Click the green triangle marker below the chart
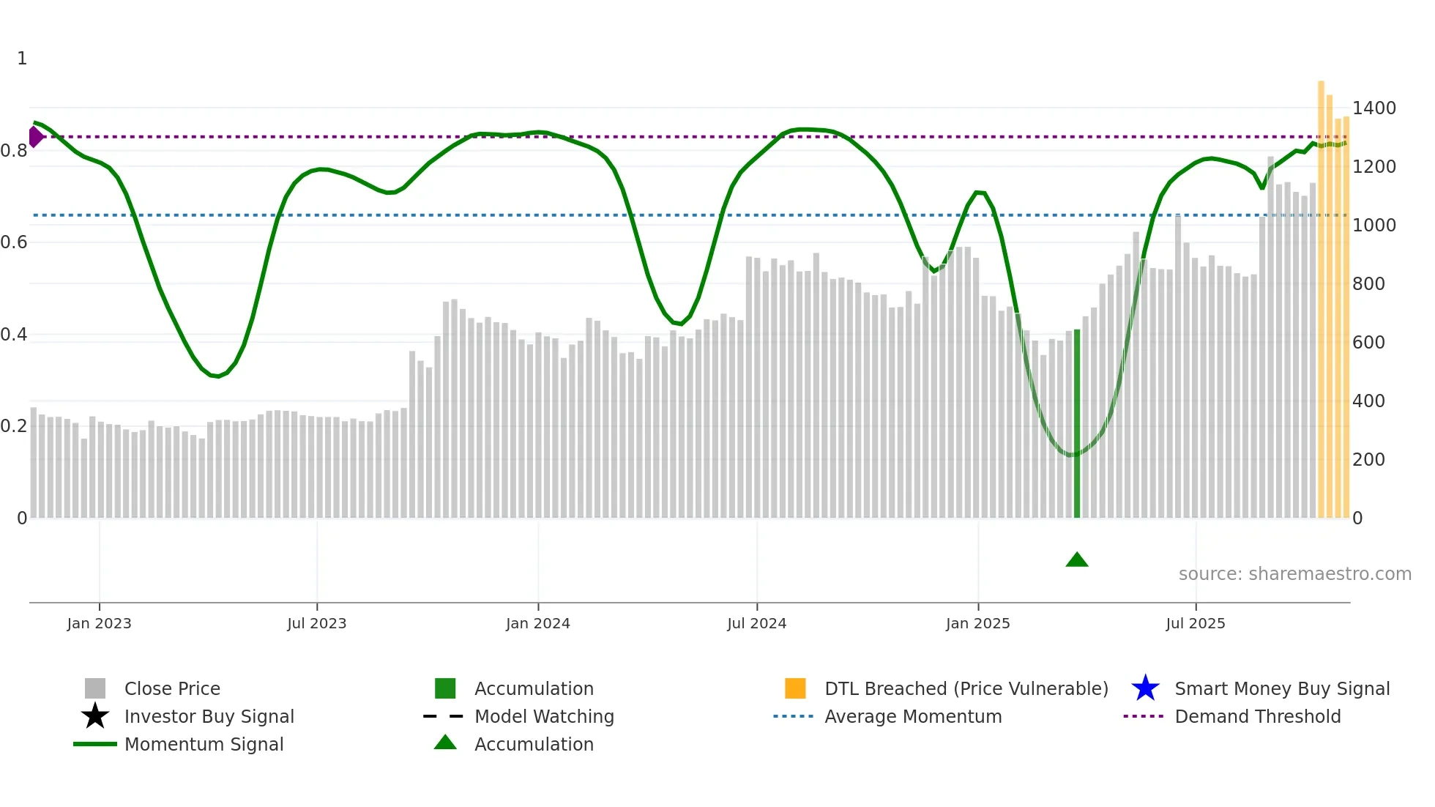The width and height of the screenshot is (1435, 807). pos(1076,560)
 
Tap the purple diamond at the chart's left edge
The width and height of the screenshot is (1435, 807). pos(35,136)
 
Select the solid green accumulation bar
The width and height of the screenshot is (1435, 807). pos(1076,425)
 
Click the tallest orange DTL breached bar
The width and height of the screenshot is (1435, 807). pos(1321,300)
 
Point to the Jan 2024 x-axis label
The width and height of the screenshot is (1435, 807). pos(537,623)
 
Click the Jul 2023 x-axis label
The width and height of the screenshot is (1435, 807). pos(316,623)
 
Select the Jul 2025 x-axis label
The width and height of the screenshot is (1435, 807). pos(1195,623)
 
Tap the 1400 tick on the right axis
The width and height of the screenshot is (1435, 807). pos(1373,108)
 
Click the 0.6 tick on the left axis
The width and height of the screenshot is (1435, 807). pos(14,242)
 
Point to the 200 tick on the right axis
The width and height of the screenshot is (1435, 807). pos(1368,460)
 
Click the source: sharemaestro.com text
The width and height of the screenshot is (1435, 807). pos(1294,574)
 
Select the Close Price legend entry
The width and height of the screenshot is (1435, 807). pos(172,688)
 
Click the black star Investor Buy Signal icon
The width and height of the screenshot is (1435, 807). pos(95,716)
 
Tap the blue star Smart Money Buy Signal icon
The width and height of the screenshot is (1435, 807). pos(1145,688)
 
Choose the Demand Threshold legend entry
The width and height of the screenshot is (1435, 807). pos(1257,716)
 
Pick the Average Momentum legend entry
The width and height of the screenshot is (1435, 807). pos(912,716)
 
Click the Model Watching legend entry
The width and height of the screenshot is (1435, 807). pos(543,716)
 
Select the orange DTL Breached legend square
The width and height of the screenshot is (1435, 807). pos(795,688)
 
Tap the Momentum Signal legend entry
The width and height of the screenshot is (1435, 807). pos(204,744)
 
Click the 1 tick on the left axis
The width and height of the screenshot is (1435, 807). pos(22,59)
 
